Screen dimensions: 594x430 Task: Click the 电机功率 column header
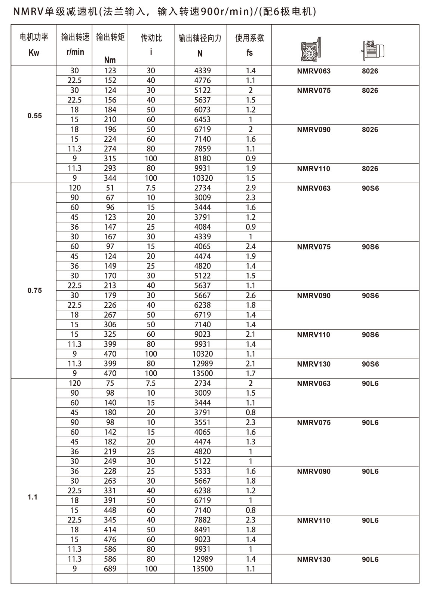[x=34, y=37]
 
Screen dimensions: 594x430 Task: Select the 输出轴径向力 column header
[x=200, y=38]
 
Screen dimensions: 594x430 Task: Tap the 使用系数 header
[x=249, y=38]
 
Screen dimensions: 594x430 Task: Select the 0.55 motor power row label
[x=35, y=116]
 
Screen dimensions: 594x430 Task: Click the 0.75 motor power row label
[x=35, y=290]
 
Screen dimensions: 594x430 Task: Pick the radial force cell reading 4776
[x=202, y=80]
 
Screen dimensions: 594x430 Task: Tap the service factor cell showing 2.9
[x=251, y=188]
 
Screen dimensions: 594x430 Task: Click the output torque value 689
[x=110, y=569]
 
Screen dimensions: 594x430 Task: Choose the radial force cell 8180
[x=202, y=159]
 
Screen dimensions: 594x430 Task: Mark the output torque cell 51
[x=110, y=188]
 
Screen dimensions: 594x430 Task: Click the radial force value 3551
[x=202, y=422]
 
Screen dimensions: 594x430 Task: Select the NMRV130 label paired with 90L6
[x=314, y=560]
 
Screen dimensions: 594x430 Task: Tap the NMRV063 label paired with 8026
[x=314, y=71]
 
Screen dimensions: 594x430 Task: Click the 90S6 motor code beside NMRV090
[x=370, y=296]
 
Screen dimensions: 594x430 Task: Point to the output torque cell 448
[x=110, y=510]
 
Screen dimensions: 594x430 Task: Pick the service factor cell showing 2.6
[x=251, y=296]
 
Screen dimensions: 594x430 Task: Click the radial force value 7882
[x=202, y=520]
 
